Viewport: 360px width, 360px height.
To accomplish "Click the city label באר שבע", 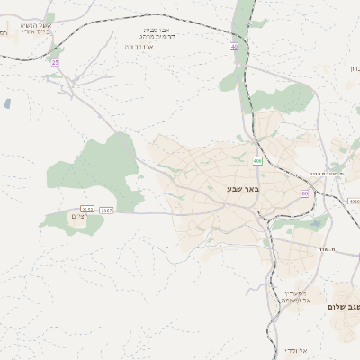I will [243, 189].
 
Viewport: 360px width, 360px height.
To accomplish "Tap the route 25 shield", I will [55, 62].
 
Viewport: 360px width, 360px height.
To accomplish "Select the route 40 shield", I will [235, 46].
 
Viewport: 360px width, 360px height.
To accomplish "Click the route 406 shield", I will [257, 161].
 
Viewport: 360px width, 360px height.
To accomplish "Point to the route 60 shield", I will [305, 193].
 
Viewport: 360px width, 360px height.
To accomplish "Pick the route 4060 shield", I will [354, 202].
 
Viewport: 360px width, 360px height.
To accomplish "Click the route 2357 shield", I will [107, 209].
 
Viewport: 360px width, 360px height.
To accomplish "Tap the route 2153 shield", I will [87, 209].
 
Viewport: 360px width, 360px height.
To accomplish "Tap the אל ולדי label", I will [297, 350].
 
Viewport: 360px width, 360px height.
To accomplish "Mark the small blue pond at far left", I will [7, 103].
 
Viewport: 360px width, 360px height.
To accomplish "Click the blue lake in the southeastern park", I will [314, 222].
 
